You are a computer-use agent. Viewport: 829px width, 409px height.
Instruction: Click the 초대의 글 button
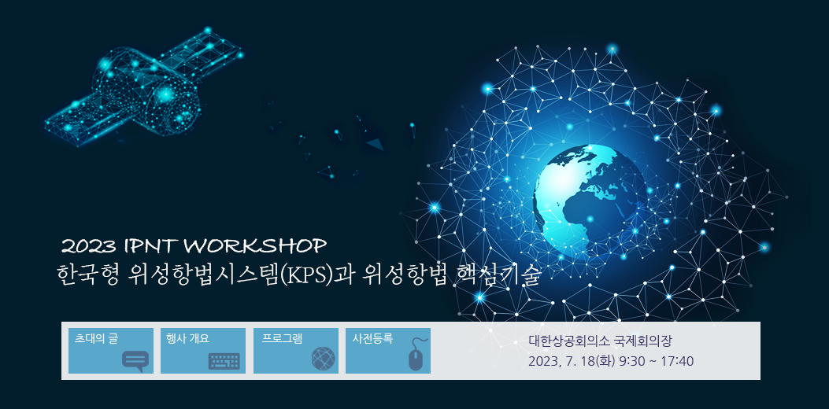(x=111, y=351)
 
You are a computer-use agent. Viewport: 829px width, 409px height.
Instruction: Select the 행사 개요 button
(x=203, y=351)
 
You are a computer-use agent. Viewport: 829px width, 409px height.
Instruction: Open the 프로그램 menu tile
(x=296, y=351)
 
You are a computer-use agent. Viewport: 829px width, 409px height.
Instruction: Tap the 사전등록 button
(x=388, y=351)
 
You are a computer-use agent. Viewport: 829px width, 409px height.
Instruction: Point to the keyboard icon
(x=224, y=362)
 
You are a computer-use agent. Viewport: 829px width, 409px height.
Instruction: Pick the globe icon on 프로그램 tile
(x=324, y=359)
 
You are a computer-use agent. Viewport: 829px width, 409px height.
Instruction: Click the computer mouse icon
(x=418, y=355)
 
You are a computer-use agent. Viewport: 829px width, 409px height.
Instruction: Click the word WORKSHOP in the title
(x=257, y=245)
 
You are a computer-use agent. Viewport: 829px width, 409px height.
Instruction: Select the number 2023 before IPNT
(x=89, y=246)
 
